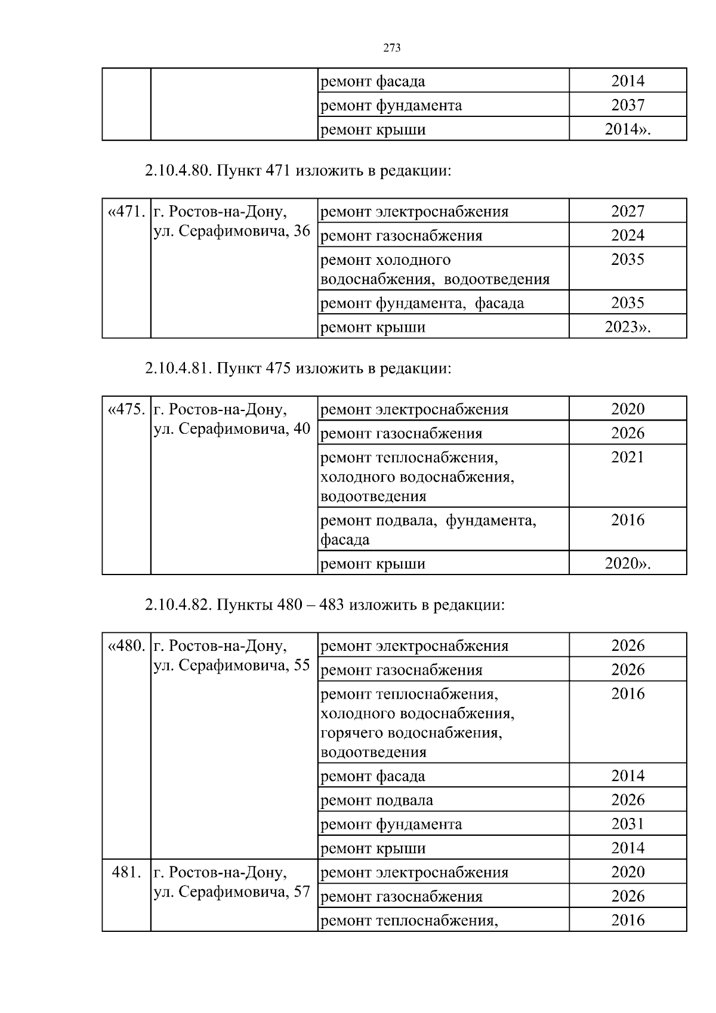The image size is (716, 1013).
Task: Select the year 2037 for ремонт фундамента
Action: coord(628,106)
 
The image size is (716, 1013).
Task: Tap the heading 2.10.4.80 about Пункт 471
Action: coord(297,171)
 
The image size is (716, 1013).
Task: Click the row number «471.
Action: coord(126,212)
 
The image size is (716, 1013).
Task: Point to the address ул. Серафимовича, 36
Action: coord(232,231)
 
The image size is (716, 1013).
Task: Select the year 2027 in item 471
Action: coord(628,211)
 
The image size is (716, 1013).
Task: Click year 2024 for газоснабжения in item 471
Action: coord(628,235)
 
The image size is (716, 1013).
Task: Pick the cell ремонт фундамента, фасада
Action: coord(422,303)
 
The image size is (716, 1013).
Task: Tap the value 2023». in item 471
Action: coord(628,327)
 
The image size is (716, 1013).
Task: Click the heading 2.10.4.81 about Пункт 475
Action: coord(298,368)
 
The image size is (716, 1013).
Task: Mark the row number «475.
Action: coord(126,410)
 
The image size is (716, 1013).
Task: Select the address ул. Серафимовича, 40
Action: coord(232,429)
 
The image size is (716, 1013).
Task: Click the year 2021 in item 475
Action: coord(628,458)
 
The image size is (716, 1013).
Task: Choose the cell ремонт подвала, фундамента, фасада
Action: coord(428,529)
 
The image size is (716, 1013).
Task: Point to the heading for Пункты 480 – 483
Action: coord(325,605)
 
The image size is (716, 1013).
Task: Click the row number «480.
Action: coord(126,646)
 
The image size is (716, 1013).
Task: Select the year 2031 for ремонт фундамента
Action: coord(628,824)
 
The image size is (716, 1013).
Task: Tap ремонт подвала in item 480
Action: coord(376,800)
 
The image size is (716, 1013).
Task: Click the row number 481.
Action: coord(126,872)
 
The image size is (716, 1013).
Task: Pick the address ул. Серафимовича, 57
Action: coord(232,892)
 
